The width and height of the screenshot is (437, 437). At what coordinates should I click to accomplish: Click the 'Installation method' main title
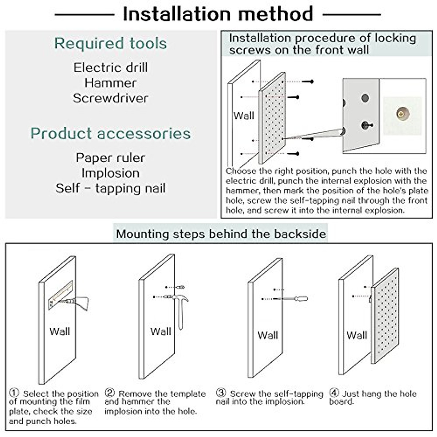coord(218,14)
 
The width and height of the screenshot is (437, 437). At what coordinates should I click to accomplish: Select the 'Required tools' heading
coord(110,43)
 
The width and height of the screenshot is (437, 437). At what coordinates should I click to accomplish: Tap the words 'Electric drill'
coord(110,67)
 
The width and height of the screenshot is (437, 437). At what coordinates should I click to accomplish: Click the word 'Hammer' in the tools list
coord(110,83)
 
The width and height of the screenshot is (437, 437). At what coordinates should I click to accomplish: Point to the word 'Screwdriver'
coord(110,98)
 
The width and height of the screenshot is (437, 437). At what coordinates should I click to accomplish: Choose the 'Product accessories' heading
coord(110,133)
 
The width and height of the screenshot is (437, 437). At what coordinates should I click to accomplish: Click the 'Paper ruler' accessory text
coord(110,158)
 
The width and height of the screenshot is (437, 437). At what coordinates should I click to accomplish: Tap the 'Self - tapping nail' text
coord(110,188)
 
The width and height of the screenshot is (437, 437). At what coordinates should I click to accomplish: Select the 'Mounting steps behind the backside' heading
coord(221,233)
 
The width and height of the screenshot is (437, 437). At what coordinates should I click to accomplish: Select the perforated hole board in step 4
coord(385,315)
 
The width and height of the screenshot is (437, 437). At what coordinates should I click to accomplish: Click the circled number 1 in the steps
coord(14,393)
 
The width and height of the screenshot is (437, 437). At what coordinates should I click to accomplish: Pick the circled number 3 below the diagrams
coord(221,393)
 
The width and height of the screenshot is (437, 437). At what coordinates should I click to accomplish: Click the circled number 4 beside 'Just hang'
coord(334,393)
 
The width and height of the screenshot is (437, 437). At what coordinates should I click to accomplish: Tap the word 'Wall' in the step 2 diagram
coord(161,331)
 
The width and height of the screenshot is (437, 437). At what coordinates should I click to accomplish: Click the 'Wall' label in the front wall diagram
coord(244,116)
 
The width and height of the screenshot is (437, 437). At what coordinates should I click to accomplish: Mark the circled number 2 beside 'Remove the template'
coord(110,393)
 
